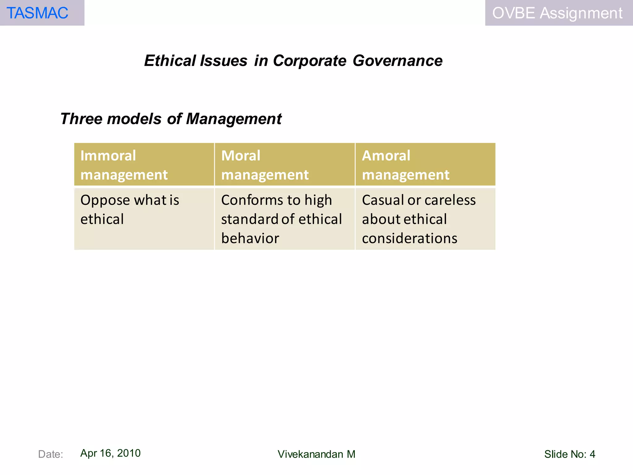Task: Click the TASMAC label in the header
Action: [37, 13]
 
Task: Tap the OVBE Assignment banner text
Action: [557, 13]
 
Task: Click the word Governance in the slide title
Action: [397, 61]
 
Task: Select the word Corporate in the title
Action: [309, 61]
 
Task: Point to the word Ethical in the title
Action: [170, 61]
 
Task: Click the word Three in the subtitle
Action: [80, 119]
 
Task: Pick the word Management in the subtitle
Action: [234, 119]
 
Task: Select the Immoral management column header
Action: [124, 165]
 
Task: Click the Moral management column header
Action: [265, 165]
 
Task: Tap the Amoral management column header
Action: [406, 165]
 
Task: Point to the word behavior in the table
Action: [250, 238]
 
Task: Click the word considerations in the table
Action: [410, 238]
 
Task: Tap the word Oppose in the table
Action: [105, 200]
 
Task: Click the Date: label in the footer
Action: [50, 454]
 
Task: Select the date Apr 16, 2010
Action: [110, 453]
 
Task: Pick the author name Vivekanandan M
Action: [316, 454]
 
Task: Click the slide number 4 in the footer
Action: [592, 454]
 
